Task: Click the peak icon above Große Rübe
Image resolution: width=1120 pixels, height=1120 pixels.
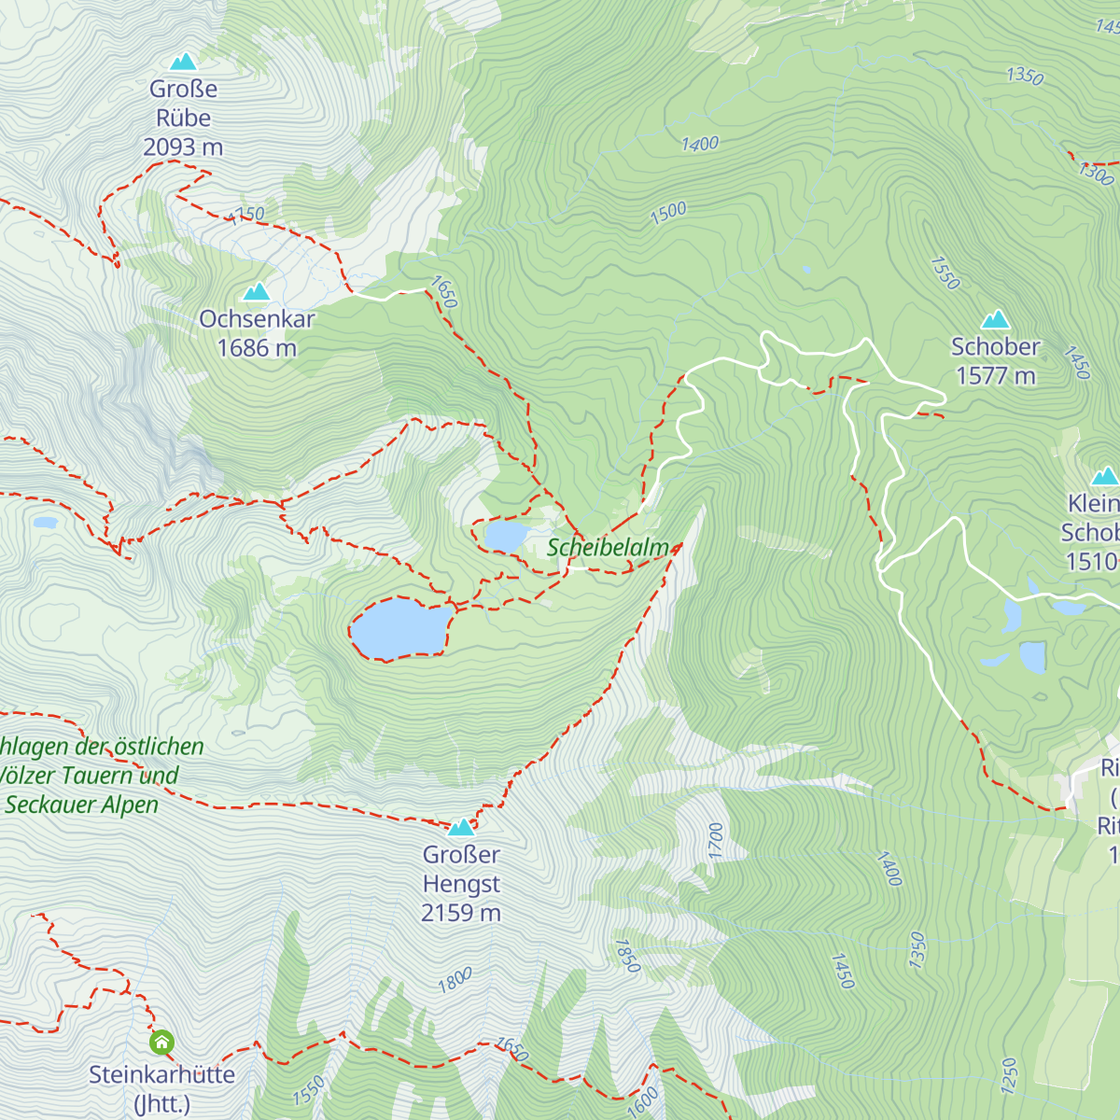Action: click(183, 63)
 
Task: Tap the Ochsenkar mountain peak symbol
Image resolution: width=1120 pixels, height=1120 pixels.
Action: click(257, 292)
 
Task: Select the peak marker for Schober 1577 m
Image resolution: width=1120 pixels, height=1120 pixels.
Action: click(996, 320)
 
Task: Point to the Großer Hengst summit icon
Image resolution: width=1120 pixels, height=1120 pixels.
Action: click(461, 827)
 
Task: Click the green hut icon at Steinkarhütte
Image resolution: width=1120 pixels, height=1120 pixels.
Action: click(161, 1042)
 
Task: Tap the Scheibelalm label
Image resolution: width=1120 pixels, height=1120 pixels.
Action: click(608, 548)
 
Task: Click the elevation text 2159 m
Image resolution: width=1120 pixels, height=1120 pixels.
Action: click(461, 913)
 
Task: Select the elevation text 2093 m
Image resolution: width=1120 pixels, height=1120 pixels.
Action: click(183, 147)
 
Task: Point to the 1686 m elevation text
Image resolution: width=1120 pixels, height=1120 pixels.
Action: click(257, 348)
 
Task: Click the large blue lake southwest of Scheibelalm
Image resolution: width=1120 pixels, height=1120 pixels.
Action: click(399, 628)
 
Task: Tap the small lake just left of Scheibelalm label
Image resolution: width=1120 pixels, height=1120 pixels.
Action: click(505, 537)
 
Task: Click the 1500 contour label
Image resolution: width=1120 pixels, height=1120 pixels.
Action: click(668, 213)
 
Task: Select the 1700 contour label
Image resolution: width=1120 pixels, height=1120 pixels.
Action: click(716, 840)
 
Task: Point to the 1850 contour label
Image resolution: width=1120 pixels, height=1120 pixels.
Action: click(627, 956)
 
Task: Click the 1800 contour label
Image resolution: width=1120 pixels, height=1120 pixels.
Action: click(455, 980)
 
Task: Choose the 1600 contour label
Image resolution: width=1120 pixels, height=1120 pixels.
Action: click(642, 1101)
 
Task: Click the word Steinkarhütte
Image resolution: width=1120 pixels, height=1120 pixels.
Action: click(161, 1074)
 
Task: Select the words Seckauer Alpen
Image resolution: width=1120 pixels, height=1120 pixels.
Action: click(82, 805)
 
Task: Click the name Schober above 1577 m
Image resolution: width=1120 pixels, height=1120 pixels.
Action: click(995, 346)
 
